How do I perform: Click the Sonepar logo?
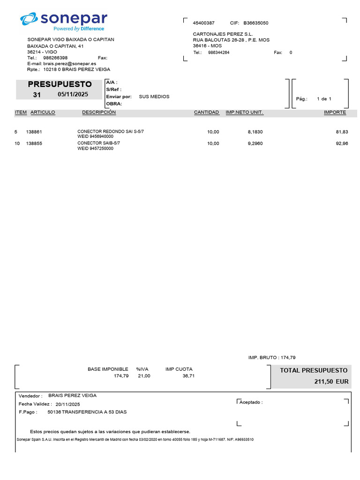(64, 21)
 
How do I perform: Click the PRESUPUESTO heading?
(60, 84)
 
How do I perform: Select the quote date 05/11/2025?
(73, 94)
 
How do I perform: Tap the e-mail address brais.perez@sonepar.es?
(70, 63)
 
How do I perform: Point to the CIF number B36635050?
(256, 23)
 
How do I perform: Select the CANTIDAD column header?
(206, 112)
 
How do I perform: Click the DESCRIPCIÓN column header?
(99, 112)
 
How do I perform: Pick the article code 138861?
(34, 132)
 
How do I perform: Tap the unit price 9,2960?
(255, 143)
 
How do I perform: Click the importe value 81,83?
(342, 132)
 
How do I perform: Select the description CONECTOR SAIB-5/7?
(98, 143)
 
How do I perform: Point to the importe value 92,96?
(342, 143)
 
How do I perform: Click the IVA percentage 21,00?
(144, 376)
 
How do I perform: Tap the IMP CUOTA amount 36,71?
(188, 376)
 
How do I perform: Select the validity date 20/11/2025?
(67, 404)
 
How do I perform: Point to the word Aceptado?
(251, 402)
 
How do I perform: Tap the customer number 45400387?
(203, 23)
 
